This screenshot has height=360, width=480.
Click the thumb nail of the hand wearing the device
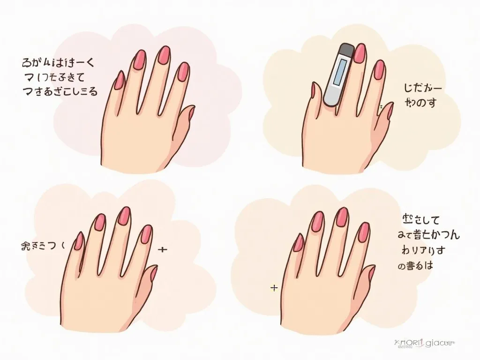(x=388, y=111)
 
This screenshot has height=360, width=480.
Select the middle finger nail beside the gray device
(x=360, y=53)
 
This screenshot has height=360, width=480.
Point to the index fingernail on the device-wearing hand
(x=379, y=70)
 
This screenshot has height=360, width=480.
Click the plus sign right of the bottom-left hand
(x=163, y=249)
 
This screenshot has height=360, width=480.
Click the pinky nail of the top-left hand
(x=119, y=80)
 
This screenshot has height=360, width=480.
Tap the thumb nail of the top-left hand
(x=191, y=112)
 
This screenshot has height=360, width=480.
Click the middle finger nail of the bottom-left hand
(x=124, y=216)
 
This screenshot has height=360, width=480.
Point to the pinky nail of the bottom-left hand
(x=79, y=241)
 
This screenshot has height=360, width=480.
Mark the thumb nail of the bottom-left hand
(x=153, y=274)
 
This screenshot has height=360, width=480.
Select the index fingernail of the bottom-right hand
(x=364, y=232)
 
